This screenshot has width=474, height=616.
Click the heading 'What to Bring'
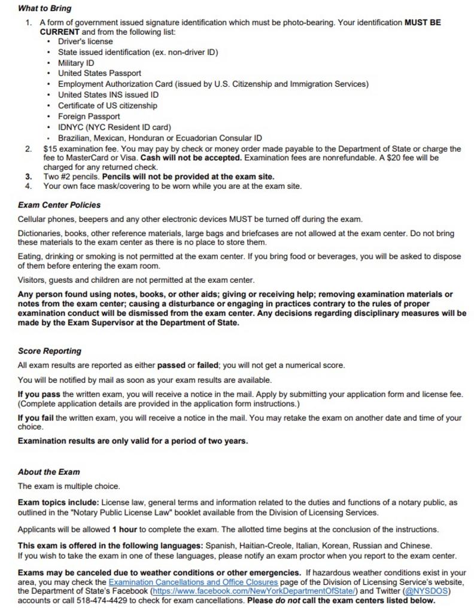click(x=44, y=8)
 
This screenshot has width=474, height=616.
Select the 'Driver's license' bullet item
click(x=85, y=41)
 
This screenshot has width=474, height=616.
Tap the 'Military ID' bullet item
click(x=76, y=63)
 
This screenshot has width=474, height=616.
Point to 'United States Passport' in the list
click(x=99, y=74)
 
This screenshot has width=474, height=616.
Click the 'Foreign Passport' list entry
click(x=89, y=117)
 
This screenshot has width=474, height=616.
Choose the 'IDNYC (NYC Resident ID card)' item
click(x=114, y=127)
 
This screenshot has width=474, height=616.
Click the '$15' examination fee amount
click(x=50, y=149)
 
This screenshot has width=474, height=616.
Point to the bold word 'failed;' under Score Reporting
click(x=215, y=365)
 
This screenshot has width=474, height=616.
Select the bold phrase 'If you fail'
click(x=36, y=418)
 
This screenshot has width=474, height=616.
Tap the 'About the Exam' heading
click(x=48, y=472)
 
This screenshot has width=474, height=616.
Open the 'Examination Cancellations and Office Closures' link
click(x=193, y=582)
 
